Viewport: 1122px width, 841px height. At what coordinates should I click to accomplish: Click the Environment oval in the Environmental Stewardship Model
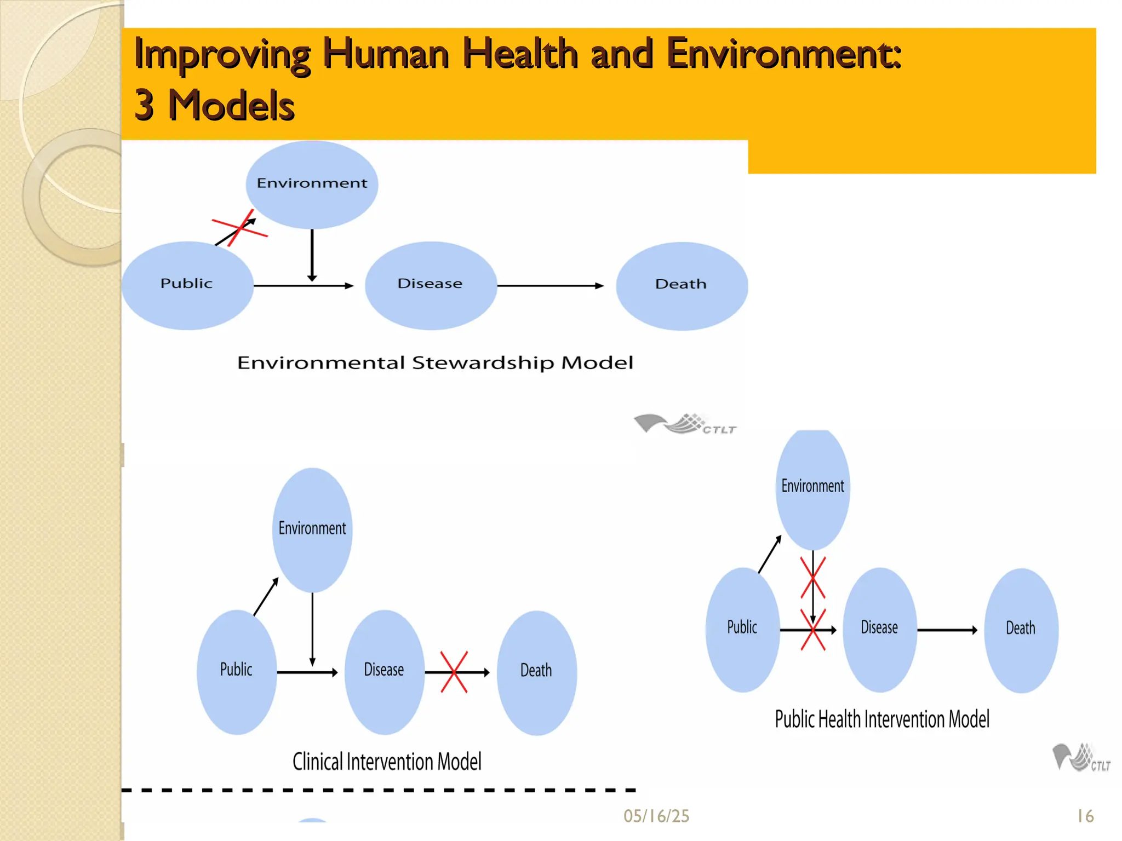(x=312, y=184)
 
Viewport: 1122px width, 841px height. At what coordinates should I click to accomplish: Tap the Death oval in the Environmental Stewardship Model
(x=682, y=285)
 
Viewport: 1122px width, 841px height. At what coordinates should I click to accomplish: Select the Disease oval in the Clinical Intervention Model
(x=385, y=672)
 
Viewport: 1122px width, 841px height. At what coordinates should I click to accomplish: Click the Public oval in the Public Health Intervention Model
(x=742, y=629)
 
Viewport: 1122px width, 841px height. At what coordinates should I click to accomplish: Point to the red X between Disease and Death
(x=454, y=672)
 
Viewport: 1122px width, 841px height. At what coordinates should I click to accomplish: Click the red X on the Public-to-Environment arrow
(x=239, y=228)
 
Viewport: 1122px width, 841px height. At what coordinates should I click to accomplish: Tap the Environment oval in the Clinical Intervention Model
(x=312, y=529)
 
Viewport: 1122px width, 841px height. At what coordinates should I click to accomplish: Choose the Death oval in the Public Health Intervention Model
(x=1021, y=630)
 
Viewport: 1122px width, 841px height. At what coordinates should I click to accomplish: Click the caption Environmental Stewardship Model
(x=435, y=363)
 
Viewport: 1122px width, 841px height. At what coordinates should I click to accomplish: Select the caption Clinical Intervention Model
(x=387, y=762)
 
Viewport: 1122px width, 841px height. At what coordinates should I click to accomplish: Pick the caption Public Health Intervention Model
(x=882, y=719)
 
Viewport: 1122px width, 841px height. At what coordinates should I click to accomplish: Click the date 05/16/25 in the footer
(x=656, y=816)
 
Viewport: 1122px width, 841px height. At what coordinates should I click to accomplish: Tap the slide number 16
(x=1085, y=816)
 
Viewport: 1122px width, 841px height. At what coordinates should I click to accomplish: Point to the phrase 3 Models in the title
(x=214, y=105)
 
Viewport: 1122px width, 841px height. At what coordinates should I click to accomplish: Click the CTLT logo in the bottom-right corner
(x=1080, y=758)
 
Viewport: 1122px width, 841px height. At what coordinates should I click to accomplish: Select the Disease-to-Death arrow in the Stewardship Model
(x=550, y=285)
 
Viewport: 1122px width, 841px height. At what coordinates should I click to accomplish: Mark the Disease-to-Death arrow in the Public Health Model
(x=947, y=630)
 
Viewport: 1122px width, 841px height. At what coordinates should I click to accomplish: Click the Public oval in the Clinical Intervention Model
(x=237, y=672)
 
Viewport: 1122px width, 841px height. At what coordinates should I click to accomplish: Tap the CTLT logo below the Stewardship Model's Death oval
(x=685, y=424)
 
